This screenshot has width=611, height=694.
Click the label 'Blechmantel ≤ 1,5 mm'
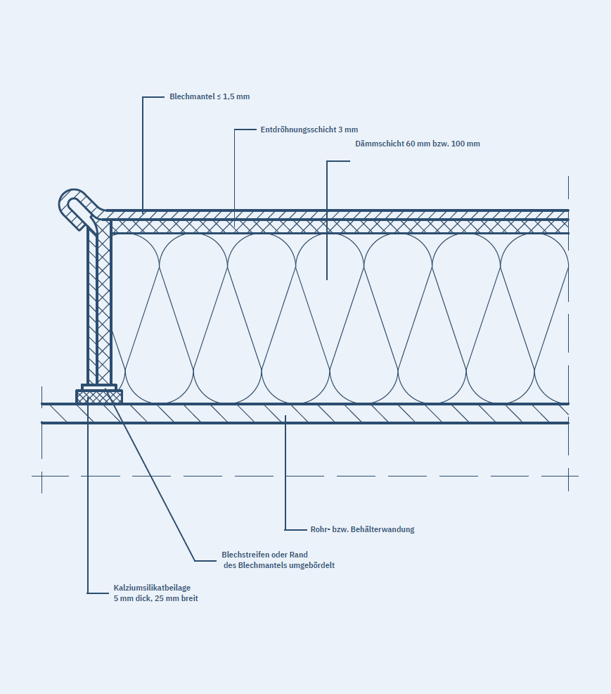coord(210,96)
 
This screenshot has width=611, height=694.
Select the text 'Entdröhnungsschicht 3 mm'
coord(309,130)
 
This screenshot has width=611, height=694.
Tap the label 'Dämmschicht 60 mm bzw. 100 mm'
coord(418,144)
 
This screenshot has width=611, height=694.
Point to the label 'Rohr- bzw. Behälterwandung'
coord(362,529)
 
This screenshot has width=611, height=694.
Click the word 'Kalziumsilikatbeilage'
coord(152,588)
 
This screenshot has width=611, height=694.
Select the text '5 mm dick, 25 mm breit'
coord(156,599)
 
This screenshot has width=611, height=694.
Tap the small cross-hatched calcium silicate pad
coord(99,397)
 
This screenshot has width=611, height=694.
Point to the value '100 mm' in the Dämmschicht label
coord(467,144)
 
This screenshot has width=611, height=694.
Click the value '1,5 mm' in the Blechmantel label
coord(236,96)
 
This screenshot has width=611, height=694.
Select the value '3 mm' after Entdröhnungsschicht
coord(348,130)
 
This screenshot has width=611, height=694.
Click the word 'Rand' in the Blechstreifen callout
coord(298,555)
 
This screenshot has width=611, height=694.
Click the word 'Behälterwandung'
coord(383,529)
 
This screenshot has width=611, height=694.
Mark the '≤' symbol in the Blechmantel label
coord(219,96)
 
